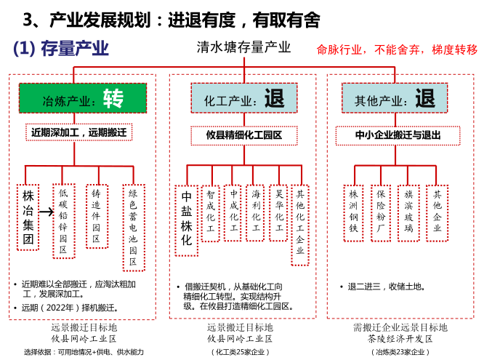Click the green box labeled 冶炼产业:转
click(82, 98)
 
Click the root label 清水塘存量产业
click(243, 47)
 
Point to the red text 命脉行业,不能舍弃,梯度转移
click(397, 49)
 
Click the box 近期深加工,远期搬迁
click(78, 133)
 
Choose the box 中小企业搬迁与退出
click(398, 135)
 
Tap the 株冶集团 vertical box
click(28, 216)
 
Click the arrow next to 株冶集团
click(46, 212)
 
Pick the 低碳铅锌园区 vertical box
click(63, 221)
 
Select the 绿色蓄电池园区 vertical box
click(133, 228)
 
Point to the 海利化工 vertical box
click(256, 212)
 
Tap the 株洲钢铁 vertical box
click(354, 212)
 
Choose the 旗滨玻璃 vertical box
click(408, 212)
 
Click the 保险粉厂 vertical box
click(381, 212)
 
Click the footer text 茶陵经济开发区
click(400, 339)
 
